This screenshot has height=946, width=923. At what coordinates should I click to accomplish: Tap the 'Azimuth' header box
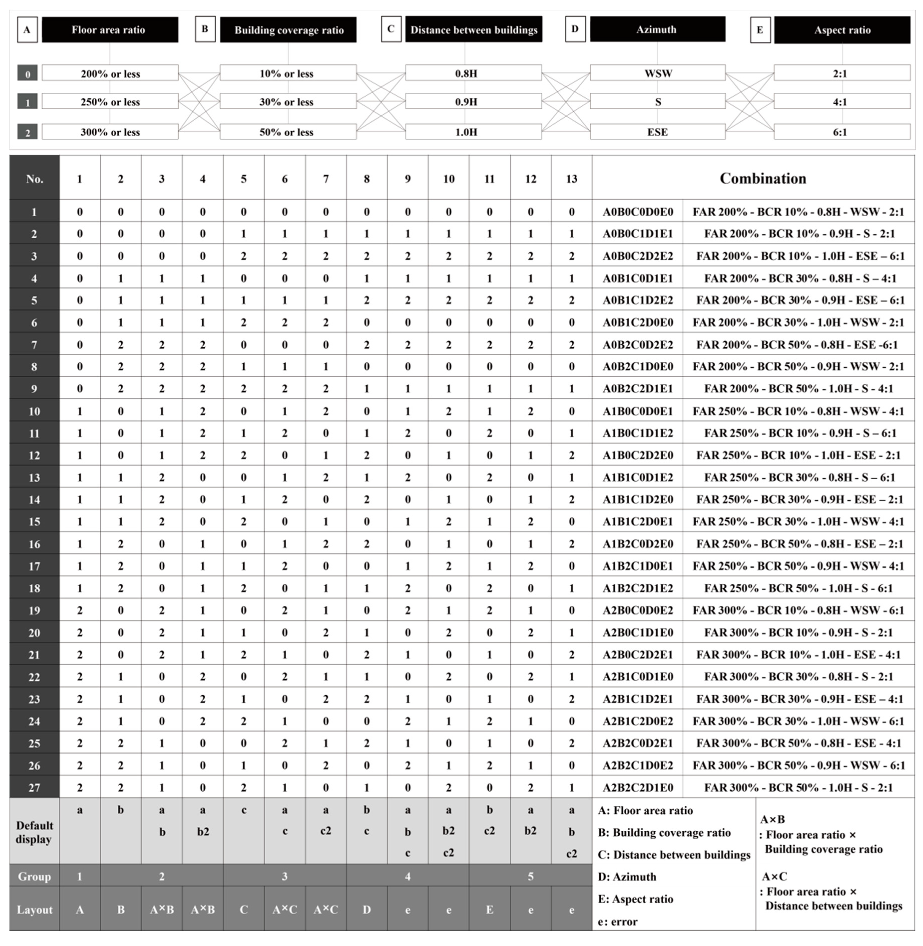657,29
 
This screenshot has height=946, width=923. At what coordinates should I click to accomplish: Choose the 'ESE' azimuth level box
657,132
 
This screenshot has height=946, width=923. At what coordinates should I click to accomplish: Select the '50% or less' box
288,132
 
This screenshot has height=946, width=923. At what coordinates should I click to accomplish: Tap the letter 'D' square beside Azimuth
575,29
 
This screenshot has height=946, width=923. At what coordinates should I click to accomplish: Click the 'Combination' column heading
762,178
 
